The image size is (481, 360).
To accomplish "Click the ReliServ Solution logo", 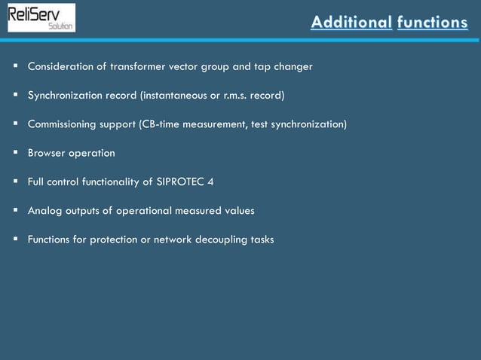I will point(41,17).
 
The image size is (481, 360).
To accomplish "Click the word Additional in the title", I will point(351,23).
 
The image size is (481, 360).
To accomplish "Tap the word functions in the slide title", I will point(432,23).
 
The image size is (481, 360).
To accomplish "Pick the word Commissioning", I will point(63,124).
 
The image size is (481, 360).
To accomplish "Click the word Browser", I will point(47,153).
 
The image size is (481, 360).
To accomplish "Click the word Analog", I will point(44,211).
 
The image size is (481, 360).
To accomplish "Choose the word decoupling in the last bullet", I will point(218,239).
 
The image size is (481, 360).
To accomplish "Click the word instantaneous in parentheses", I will point(170,96).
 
